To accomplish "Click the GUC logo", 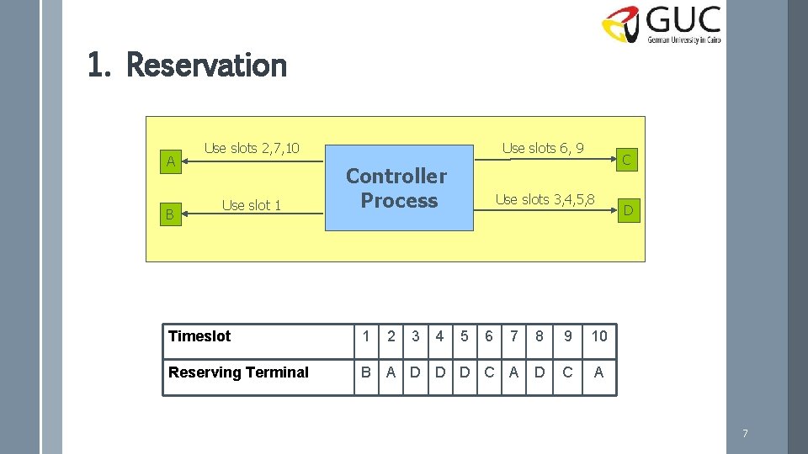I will pos(662,24).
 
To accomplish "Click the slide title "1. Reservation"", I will pos(187,65).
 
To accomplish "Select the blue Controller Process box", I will pos(399,188).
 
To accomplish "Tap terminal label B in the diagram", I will pos(169,215).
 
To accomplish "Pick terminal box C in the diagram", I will pos(626,158).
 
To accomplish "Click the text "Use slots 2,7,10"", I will pos(252,149).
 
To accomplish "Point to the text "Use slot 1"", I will pos(251,205).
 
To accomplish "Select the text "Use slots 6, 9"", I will pos(543,149).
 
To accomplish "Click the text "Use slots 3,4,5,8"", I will pos(545,199).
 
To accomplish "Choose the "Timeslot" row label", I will pos(199,336).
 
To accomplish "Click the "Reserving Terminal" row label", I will pos(238,372).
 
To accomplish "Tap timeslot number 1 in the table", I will pos(366,336).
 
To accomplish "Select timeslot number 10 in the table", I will pos(598,336).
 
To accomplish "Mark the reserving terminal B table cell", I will pos(366,372).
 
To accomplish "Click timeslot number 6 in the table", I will pos(489,336).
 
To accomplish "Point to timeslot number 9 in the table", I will pos(568,336).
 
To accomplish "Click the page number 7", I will pos(744,434).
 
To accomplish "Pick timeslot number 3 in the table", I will pos(415,336).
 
